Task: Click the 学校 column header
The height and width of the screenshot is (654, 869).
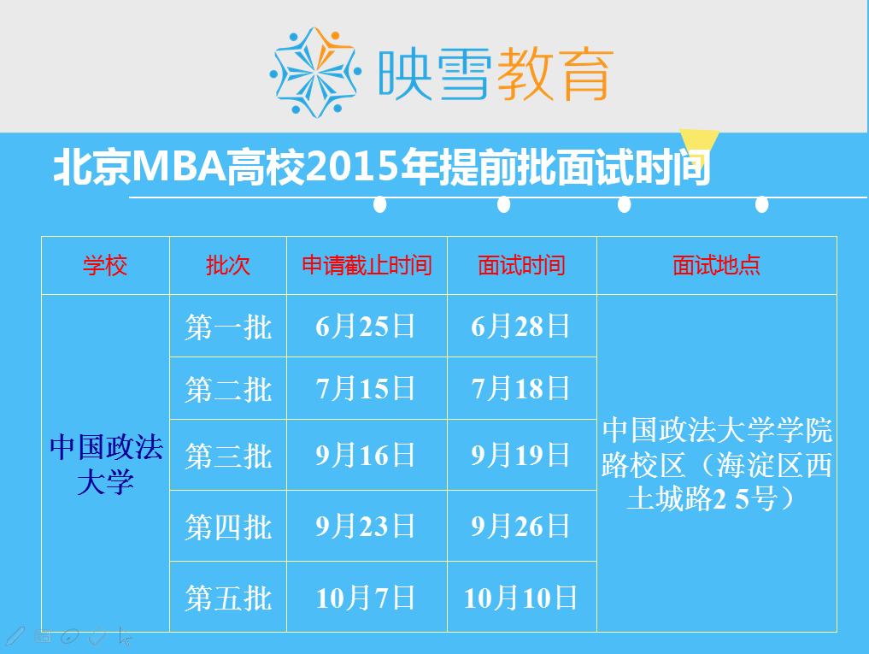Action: click(x=105, y=265)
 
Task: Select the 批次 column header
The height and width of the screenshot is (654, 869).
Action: click(x=228, y=265)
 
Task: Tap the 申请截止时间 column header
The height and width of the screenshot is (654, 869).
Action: click(x=367, y=265)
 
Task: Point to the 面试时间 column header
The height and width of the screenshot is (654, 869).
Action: click(x=521, y=265)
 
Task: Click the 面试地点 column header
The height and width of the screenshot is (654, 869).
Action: click(x=716, y=265)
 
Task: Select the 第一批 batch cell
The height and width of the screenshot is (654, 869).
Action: click(x=228, y=327)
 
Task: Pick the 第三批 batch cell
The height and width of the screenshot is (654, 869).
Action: click(x=228, y=456)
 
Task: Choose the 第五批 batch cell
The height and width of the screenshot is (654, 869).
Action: click(x=228, y=598)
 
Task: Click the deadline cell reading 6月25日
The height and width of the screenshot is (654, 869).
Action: click(x=365, y=327)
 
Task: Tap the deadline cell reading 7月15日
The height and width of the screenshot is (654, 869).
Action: click(x=365, y=388)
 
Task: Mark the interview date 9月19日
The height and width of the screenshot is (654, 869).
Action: click(x=520, y=456)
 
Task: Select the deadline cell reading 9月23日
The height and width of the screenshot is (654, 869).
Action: click(x=365, y=526)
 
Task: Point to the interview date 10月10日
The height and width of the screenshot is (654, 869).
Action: click(x=520, y=598)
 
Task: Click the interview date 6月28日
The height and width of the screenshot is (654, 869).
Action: click(x=520, y=327)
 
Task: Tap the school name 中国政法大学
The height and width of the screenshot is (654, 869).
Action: click(x=106, y=465)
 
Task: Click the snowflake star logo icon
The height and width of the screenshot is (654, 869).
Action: click(x=315, y=72)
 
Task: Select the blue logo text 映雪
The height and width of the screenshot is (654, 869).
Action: click(x=434, y=74)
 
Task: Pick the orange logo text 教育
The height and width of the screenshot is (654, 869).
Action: click(x=555, y=74)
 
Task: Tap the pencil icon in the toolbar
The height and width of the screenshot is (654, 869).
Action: click(x=15, y=636)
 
